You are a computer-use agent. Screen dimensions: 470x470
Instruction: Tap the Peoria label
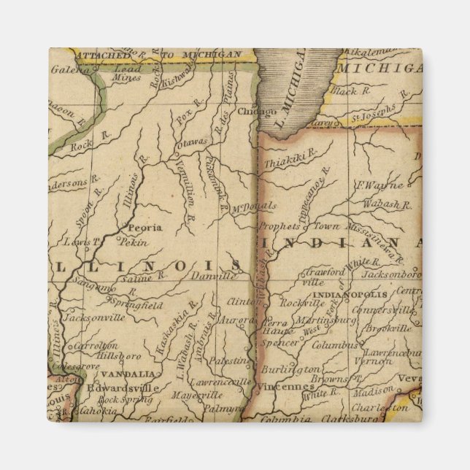tap(145, 228)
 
